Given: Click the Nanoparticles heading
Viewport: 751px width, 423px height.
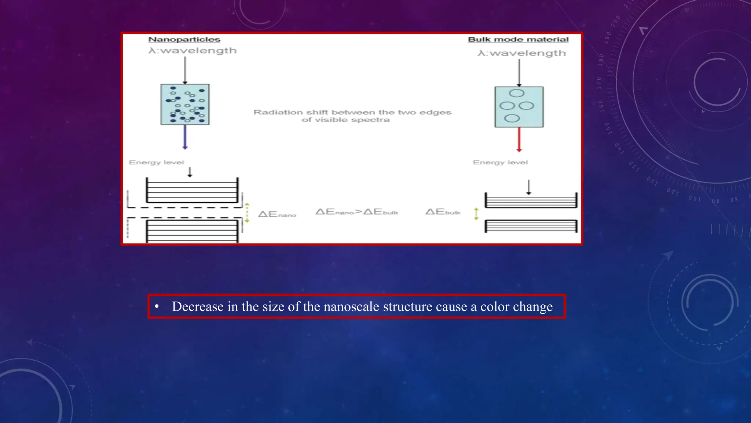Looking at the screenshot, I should point(184,40).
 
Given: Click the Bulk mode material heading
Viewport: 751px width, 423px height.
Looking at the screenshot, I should point(518,40).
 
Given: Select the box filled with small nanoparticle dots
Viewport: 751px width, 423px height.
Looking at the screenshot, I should point(185,104).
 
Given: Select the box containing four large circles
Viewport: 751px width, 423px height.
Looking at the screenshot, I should point(519,107).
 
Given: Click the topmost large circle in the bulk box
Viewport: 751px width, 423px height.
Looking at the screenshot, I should point(517,93).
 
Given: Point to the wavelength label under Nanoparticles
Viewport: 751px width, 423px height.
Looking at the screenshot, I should point(193,51).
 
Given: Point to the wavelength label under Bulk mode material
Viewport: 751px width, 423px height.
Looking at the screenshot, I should point(522,53).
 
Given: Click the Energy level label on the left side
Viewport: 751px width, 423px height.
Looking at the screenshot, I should point(157,162).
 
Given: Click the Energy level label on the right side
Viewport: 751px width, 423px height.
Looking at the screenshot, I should point(500,162).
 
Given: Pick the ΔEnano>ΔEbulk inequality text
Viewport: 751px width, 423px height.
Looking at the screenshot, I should point(356,212).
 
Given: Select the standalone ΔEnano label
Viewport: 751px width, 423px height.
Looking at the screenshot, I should point(277,214).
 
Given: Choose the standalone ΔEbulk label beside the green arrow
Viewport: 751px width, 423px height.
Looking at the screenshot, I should point(443,212).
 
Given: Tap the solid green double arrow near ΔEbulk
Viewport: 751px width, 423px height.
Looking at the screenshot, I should point(476,213).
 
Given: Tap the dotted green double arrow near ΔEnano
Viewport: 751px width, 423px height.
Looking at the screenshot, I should point(247,213).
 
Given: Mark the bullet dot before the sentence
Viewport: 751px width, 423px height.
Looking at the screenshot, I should point(157,306).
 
